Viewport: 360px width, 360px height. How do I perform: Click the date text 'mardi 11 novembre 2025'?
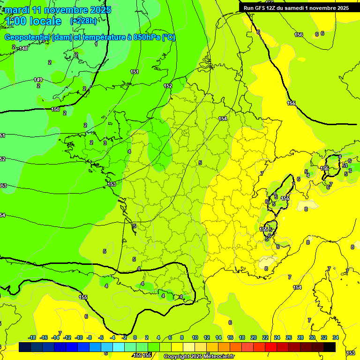tap(58, 10)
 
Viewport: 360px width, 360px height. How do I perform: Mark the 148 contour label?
tap(23, 49)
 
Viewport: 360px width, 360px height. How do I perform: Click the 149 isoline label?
tap(38, 80)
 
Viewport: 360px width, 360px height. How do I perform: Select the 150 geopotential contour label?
tap(55, 109)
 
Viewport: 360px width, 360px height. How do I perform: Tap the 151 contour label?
tap(135, 72)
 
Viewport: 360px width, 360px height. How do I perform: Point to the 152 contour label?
tap(168, 86)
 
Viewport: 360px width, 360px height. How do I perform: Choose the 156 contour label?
tap(299, 35)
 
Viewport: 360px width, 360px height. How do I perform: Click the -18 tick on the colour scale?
tap(32, 337)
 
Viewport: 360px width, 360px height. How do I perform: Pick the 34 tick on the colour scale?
tap(336, 337)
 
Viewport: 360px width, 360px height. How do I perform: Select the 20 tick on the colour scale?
tap(253, 337)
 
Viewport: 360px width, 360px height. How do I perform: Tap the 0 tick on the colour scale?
tap(135, 337)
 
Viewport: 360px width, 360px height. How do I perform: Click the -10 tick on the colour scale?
tap(79, 337)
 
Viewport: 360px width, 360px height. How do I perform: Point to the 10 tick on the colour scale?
tap(194, 337)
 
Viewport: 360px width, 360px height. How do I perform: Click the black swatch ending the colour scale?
tap(330, 347)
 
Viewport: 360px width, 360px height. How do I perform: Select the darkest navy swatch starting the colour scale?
tap(25, 347)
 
